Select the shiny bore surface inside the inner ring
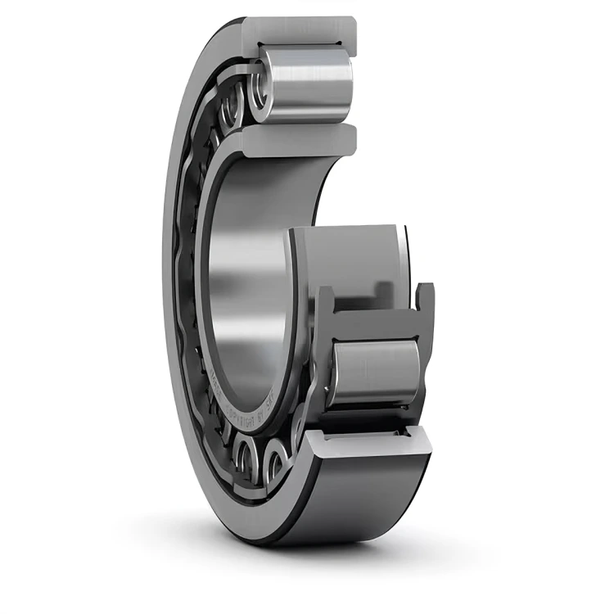246,287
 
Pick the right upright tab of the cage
424,303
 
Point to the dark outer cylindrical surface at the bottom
368,499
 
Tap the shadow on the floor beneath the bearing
344,557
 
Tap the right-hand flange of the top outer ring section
348,37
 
